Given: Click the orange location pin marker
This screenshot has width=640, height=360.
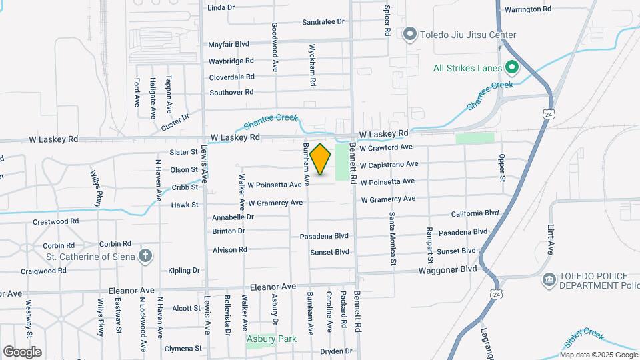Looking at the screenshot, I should (x=321, y=159).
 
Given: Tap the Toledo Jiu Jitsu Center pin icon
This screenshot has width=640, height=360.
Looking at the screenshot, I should (x=410, y=34).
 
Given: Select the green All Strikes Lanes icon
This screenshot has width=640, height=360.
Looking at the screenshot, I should (x=511, y=67).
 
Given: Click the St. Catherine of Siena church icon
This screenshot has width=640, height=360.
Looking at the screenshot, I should (x=146, y=256).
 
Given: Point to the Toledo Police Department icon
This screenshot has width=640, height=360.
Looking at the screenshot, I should (x=549, y=279).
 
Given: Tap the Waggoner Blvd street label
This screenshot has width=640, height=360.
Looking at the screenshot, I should (x=448, y=269).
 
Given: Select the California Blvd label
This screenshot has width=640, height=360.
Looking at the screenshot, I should (x=475, y=213).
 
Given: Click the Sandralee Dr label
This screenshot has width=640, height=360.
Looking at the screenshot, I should (x=323, y=22).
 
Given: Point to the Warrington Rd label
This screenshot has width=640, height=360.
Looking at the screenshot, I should (x=527, y=9).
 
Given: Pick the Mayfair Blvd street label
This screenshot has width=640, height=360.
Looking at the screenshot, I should (x=229, y=44).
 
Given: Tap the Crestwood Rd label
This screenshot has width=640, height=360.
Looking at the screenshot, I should (x=55, y=221).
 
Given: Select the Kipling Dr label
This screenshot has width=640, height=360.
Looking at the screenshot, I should (x=184, y=271).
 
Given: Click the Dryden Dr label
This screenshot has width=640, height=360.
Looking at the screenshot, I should (x=335, y=351).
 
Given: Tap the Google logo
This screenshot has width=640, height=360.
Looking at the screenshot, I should (x=22, y=351).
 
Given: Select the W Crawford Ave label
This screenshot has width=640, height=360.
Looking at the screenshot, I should (x=387, y=147).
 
